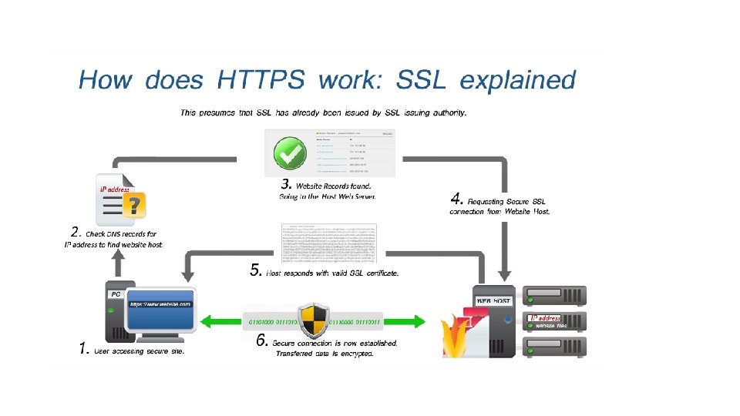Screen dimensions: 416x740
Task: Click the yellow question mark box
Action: pyautogui.click(x=136, y=205)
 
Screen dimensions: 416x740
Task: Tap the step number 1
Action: pyautogui.click(x=84, y=348)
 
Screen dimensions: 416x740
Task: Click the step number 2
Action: pyautogui.click(x=75, y=231)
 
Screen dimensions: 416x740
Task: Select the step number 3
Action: pyautogui.click(x=285, y=185)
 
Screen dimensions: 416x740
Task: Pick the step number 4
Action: pyautogui.click(x=456, y=197)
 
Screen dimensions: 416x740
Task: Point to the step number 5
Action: pyautogui.click(x=257, y=270)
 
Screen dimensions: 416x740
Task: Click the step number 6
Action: pyautogui.click(x=262, y=341)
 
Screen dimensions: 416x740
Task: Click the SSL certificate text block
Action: pyautogui.click(x=328, y=243)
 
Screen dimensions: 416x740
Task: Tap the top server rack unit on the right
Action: pyautogui.click(x=554, y=295)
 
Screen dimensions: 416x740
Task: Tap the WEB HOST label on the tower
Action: pyautogui.click(x=493, y=300)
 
